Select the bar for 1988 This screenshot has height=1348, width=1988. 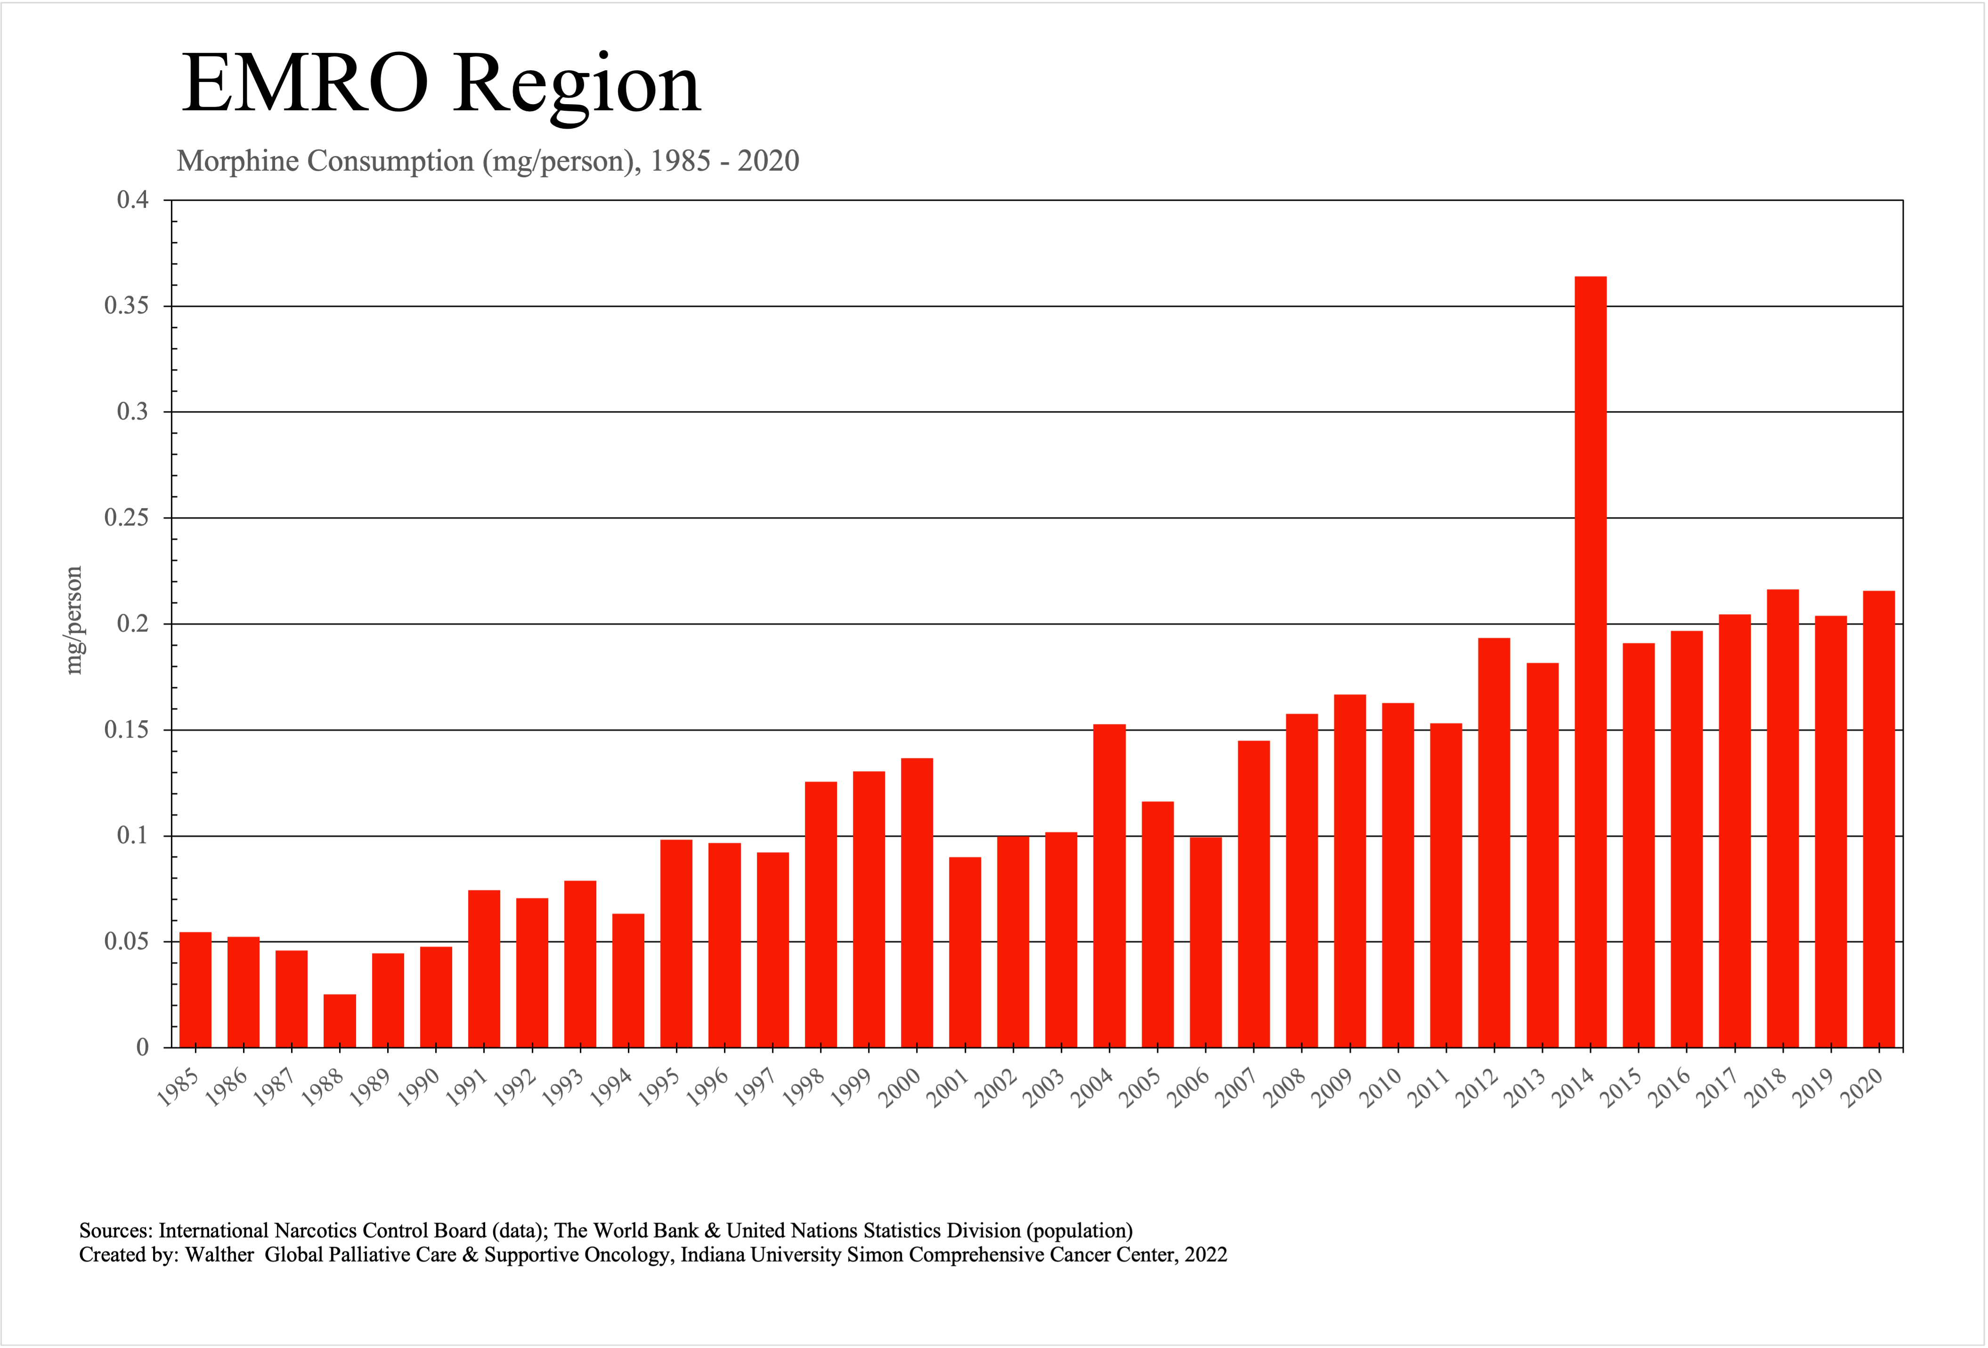tap(340, 1020)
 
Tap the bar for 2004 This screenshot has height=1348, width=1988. tap(1110, 885)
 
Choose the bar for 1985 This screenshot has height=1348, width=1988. tap(196, 988)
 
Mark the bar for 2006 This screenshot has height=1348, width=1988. tap(1205, 941)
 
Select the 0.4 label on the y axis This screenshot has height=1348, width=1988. tap(133, 200)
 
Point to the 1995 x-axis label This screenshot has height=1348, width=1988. tap(659, 1088)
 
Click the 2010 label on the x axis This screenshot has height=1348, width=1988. tap(1380, 1088)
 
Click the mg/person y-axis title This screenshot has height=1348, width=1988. tap(74, 621)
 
